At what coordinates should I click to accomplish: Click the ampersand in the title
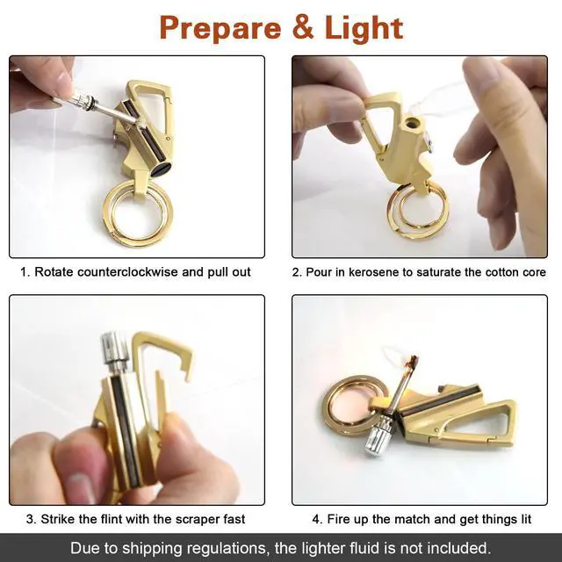pyautogui.click(x=303, y=28)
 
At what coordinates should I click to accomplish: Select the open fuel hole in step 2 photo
pyautogui.click(x=411, y=124)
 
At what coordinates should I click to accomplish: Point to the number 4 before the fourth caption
pyautogui.click(x=316, y=519)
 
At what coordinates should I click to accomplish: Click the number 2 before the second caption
pyautogui.click(x=297, y=272)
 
